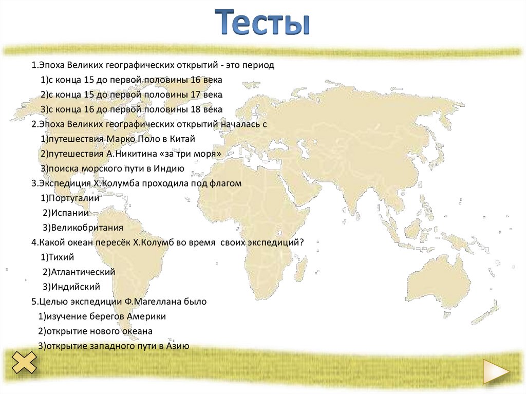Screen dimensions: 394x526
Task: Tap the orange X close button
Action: [24, 363]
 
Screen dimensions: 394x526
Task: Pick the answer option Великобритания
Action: [83, 228]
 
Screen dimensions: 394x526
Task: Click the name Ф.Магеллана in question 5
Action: [150, 302]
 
